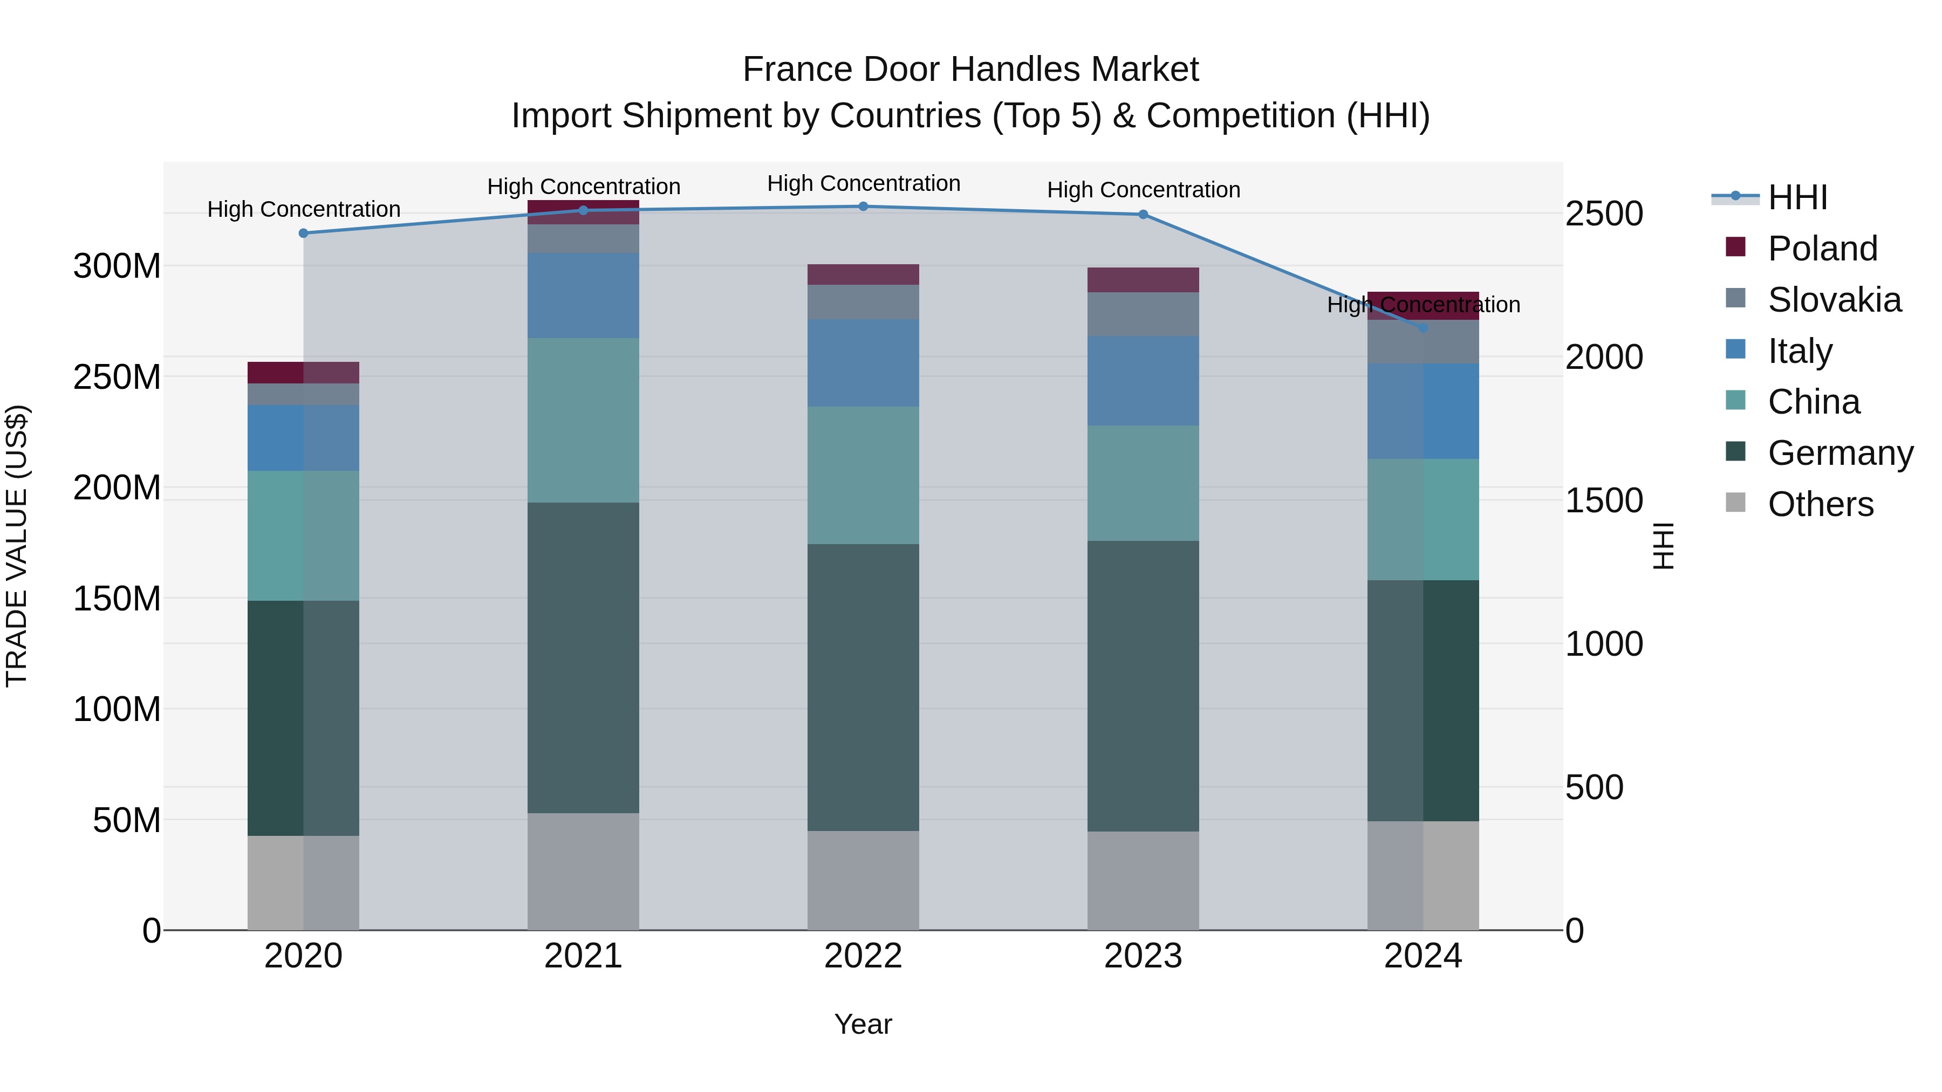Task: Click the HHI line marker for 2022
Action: (x=863, y=207)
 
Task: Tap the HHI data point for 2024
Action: (x=1423, y=328)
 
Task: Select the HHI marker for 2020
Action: (x=304, y=233)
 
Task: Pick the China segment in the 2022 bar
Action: (x=863, y=476)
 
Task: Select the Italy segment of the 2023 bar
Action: (x=1143, y=381)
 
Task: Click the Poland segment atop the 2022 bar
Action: (x=863, y=274)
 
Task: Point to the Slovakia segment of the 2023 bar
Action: (x=1143, y=314)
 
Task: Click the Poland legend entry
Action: (x=1822, y=249)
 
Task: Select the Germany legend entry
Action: (x=1840, y=453)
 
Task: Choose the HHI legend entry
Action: (x=1797, y=197)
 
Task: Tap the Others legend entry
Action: (x=1821, y=504)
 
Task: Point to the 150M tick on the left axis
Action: (x=117, y=599)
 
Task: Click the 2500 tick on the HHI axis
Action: (x=1604, y=214)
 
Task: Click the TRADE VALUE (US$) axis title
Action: (x=17, y=546)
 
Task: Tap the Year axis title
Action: (x=863, y=1024)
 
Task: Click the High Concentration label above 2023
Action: (x=1143, y=190)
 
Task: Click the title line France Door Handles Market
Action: (x=970, y=70)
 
